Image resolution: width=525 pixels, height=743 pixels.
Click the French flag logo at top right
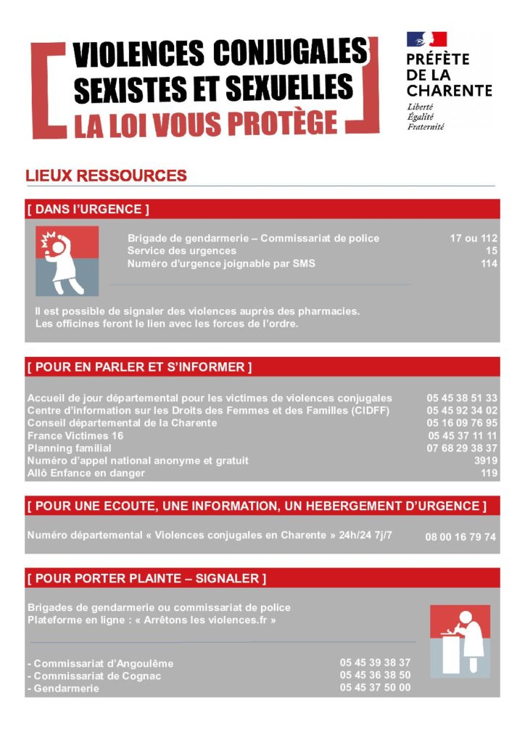pyautogui.click(x=426, y=40)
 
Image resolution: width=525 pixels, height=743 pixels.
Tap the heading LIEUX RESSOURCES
pyautogui.click(x=106, y=176)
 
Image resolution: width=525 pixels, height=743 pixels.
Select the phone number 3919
pyautogui.click(x=485, y=461)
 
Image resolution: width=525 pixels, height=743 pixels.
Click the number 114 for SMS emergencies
pyautogui.click(x=489, y=264)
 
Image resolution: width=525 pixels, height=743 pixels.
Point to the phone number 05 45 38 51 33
pyautogui.click(x=462, y=398)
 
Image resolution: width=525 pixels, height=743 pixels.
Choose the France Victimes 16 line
pyautogui.click(x=75, y=435)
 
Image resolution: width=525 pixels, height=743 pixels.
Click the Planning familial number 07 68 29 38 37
pyautogui.click(x=462, y=448)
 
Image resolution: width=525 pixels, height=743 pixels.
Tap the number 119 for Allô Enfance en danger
pyautogui.click(x=489, y=473)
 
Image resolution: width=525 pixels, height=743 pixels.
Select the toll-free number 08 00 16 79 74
pyautogui.click(x=460, y=538)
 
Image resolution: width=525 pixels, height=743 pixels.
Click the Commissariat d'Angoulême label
pyautogui.click(x=103, y=664)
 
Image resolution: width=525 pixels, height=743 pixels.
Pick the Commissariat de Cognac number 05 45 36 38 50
pyautogui.click(x=375, y=675)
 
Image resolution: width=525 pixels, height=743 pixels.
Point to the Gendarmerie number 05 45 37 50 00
pyautogui.click(x=375, y=687)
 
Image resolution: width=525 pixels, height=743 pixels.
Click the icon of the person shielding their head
pyautogui.click(x=67, y=260)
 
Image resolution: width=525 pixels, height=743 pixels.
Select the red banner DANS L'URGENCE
pyautogui.click(x=262, y=209)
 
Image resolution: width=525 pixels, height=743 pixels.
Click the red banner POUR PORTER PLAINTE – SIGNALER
pyautogui.click(x=262, y=578)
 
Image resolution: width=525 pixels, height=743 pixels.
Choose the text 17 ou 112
pyautogui.click(x=474, y=238)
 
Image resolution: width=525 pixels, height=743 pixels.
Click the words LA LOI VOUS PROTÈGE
pyautogui.click(x=206, y=124)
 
